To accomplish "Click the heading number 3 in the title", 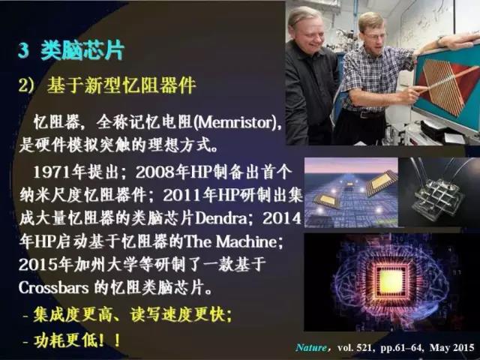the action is [x=23, y=50].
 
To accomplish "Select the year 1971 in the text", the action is [x=52, y=172].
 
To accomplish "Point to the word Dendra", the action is [x=220, y=218].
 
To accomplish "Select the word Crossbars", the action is [x=54, y=288].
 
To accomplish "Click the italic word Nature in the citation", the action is [x=311, y=348].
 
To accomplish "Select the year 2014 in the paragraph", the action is [x=282, y=218].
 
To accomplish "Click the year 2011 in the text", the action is [x=181, y=196].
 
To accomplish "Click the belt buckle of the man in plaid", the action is [x=364, y=115].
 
